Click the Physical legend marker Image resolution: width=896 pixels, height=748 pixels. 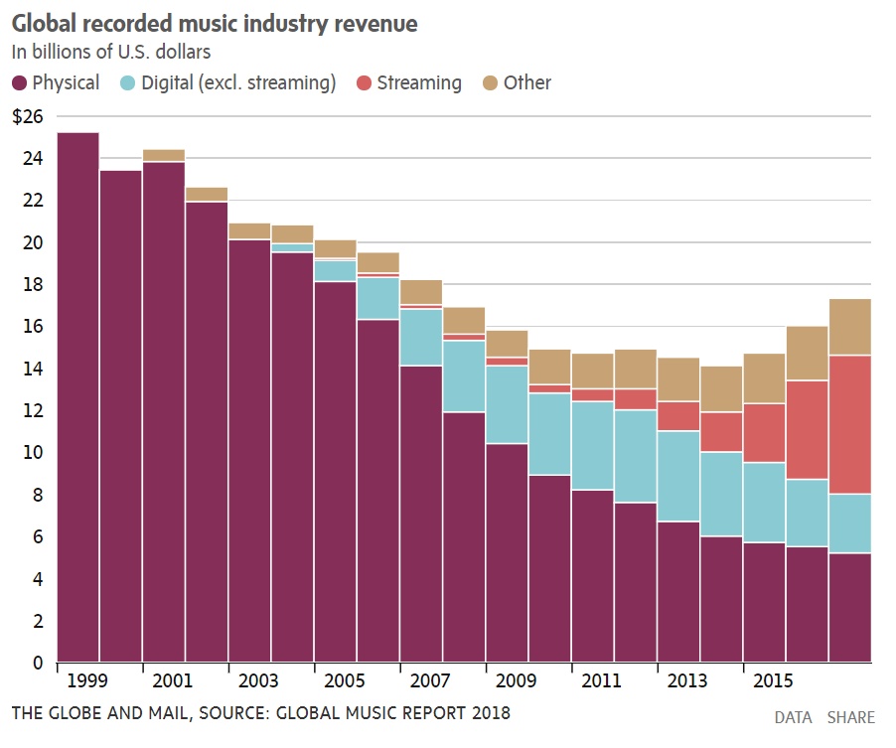point(20,83)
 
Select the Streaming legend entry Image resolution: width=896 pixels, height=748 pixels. point(418,83)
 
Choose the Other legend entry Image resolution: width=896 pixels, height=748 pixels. point(526,83)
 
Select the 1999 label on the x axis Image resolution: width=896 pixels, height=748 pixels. point(85,682)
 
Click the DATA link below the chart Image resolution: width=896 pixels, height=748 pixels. point(793,717)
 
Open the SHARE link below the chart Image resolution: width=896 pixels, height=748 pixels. point(850,717)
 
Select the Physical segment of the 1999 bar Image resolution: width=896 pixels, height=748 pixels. point(78,397)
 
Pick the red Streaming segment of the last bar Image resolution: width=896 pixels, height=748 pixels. point(849,424)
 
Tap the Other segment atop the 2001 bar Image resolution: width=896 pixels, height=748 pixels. point(163,156)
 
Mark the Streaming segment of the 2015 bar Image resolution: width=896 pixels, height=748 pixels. point(764,433)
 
